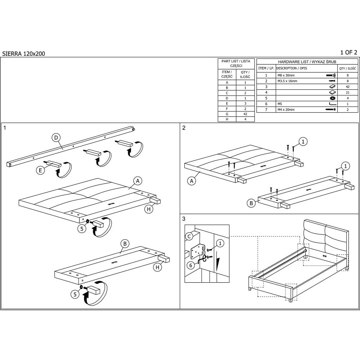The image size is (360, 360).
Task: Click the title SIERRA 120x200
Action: [x=24, y=54]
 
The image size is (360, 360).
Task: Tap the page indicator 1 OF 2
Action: [x=348, y=53]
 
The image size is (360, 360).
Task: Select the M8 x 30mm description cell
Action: [x=286, y=75]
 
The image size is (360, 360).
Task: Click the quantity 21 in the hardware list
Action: [x=347, y=93]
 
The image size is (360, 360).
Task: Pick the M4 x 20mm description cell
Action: [x=286, y=110]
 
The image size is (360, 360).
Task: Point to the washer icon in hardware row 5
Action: [x=332, y=98]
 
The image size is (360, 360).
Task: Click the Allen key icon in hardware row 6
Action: [x=332, y=104]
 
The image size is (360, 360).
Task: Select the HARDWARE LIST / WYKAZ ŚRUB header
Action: [x=307, y=62]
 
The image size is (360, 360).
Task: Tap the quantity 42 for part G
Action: [x=245, y=114]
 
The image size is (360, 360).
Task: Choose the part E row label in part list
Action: [x=227, y=104]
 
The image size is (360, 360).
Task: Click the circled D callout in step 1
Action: [x=56, y=138]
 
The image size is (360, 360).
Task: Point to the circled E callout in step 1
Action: [x=40, y=170]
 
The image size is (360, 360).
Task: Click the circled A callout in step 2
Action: [x=192, y=181]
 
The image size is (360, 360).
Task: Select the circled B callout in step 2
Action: [x=251, y=203]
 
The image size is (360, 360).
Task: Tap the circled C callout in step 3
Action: [x=189, y=237]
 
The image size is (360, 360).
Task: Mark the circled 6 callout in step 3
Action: [x=191, y=266]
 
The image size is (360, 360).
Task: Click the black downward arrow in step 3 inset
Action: [x=218, y=263]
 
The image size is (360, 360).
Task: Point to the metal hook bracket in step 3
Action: [x=197, y=252]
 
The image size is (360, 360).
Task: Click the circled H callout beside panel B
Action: [x=158, y=267]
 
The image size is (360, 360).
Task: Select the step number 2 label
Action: [x=184, y=128]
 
